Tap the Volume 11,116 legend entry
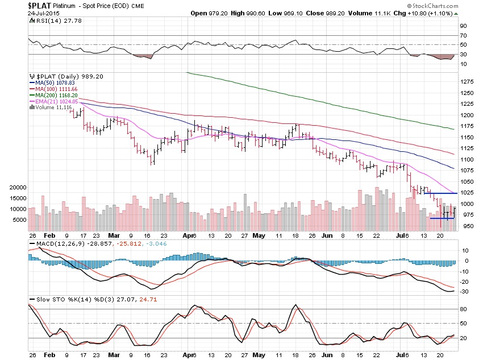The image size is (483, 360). [52, 107]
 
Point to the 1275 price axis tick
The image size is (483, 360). [467, 82]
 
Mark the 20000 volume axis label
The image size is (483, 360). [18, 187]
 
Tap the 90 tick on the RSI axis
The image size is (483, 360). [464, 26]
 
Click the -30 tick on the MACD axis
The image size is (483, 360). [464, 292]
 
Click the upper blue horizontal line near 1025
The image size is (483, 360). [441, 194]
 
